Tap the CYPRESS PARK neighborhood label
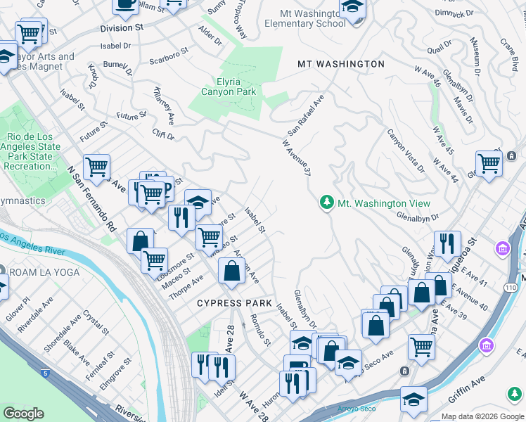pyautogui.click(x=234, y=303)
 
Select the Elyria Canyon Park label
pyautogui.click(x=229, y=85)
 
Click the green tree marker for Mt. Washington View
pyautogui.click(x=326, y=203)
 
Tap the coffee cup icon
pyautogui.click(x=125, y=4)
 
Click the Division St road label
pyautogui.click(x=122, y=27)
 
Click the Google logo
pyautogui.click(x=23, y=414)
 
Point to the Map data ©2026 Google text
pyautogui.click(x=482, y=416)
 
